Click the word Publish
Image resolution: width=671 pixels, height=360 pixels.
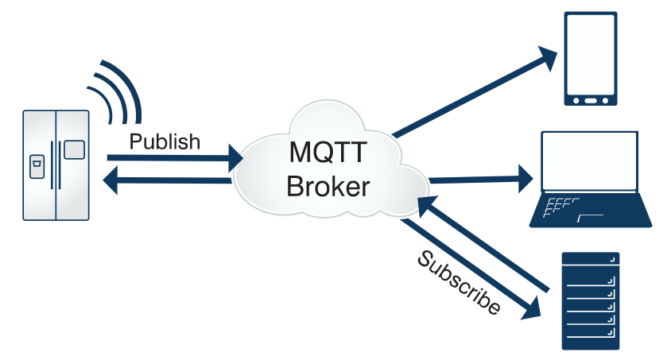pyautogui.click(x=165, y=141)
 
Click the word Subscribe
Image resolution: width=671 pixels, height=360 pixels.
pyautogui.click(x=459, y=283)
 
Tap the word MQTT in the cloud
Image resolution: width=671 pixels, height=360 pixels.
pyautogui.click(x=327, y=151)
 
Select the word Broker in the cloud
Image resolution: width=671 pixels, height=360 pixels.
pyautogui.click(x=328, y=187)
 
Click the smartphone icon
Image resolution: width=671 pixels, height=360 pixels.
pyautogui.click(x=591, y=59)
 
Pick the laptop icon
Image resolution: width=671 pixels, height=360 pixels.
pyautogui.click(x=591, y=178)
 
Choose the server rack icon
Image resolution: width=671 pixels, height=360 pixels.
pyautogui.click(x=590, y=300)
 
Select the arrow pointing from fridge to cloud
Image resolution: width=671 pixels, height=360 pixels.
pyautogui.click(x=175, y=157)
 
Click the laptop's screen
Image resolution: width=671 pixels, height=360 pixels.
pyautogui.click(x=590, y=160)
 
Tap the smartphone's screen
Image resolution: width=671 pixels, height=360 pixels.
pyautogui.click(x=591, y=54)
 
